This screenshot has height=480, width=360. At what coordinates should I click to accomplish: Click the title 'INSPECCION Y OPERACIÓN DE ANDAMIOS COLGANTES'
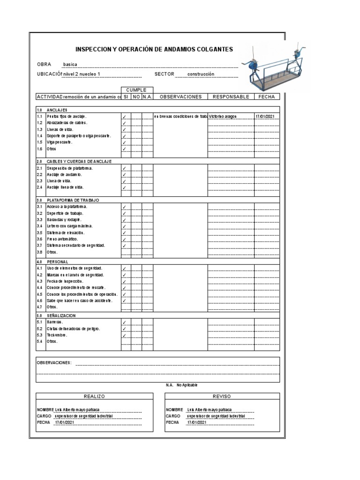154,50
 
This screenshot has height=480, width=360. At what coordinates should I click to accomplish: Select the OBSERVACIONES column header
180,97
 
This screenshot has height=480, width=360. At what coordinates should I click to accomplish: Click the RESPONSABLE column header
231,97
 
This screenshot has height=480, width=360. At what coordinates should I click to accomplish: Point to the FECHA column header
267,97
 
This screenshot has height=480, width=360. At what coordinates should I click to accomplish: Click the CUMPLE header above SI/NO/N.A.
136,90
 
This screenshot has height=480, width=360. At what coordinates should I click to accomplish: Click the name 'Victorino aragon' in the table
223,116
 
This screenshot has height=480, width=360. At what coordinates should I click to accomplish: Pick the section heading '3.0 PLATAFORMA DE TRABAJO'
68,200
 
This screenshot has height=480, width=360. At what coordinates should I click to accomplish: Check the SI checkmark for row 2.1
124,168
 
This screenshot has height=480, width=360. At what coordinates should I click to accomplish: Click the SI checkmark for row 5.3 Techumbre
124,336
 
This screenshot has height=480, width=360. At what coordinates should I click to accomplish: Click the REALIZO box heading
94,397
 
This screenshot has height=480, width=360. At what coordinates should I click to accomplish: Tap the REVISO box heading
222,397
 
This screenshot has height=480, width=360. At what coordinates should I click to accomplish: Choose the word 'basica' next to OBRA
71,65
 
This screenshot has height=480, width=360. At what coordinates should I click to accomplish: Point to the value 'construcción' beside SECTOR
201,74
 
